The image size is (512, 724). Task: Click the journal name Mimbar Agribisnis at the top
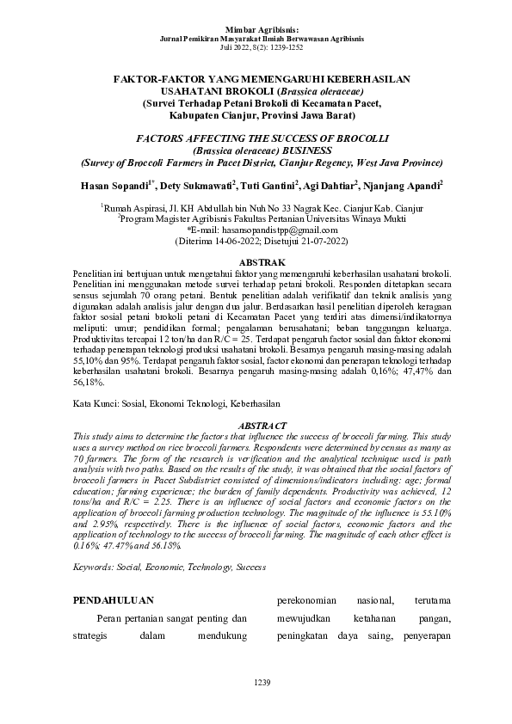[256, 30]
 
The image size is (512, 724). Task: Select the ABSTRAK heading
[256, 261]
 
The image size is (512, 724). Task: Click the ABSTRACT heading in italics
[256, 425]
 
